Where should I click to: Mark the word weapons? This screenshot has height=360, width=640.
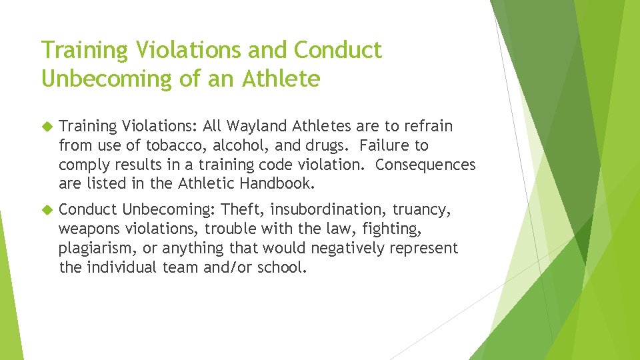point(90,229)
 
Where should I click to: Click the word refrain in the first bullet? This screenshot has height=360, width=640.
point(429,126)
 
